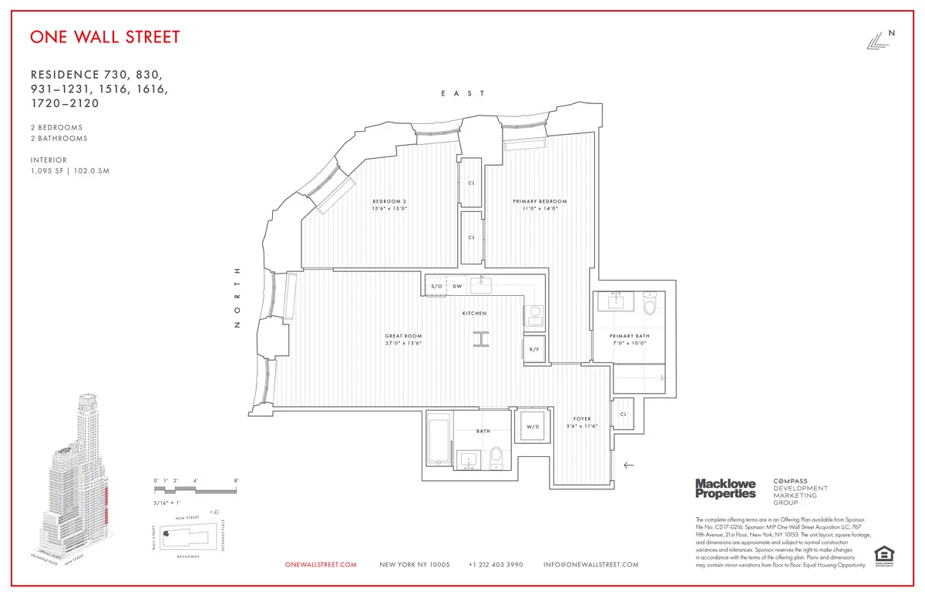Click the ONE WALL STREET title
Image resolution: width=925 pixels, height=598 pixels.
[x=105, y=37]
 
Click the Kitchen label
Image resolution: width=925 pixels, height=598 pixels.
[x=474, y=314]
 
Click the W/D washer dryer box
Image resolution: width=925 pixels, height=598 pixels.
[x=533, y=426]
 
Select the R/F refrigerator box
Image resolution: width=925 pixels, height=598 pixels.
[x=534, y=348]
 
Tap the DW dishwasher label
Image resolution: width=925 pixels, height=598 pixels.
[x=457, y=286]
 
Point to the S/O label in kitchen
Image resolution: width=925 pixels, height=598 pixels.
[x=436, y=286]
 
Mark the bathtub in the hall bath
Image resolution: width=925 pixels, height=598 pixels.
[x=439, y=440]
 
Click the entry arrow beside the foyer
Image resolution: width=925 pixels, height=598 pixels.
[x=629, y=465]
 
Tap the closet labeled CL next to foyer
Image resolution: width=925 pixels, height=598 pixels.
[x=623, y=415]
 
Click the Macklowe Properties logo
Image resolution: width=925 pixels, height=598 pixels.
[x=725, y=489]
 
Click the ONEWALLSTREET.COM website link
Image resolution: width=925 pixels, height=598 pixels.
[x=321, y=565]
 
